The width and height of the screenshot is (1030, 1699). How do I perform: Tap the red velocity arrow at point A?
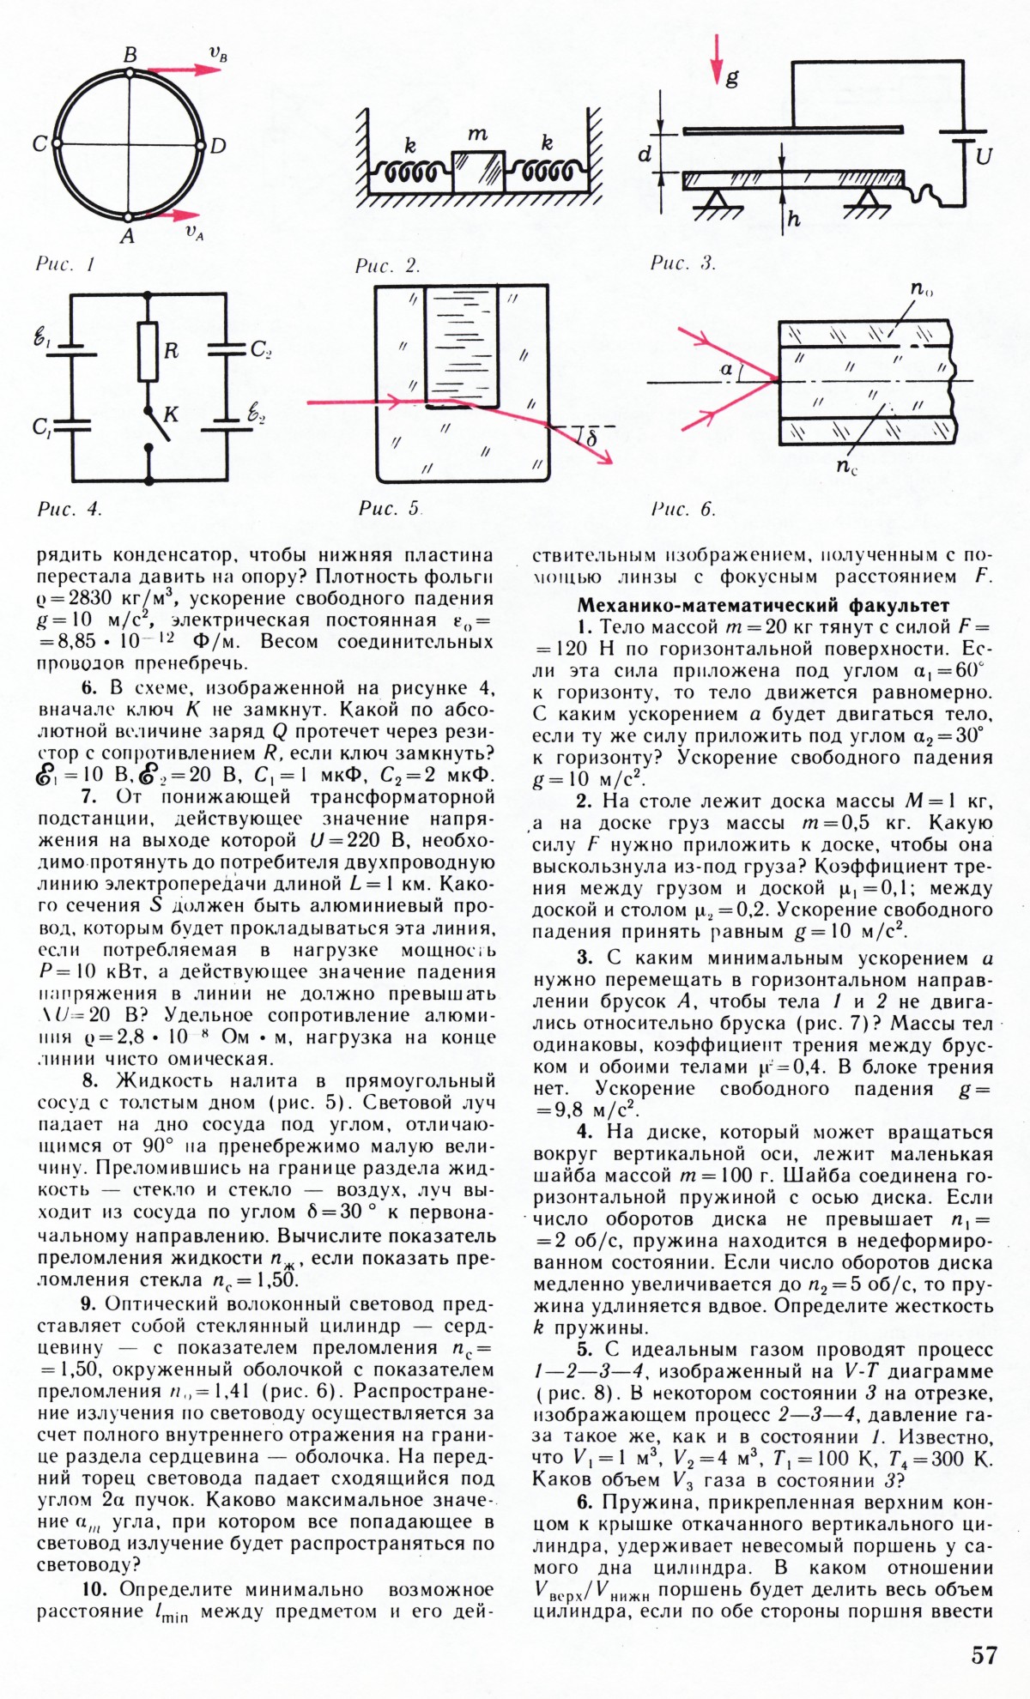pos(172,214)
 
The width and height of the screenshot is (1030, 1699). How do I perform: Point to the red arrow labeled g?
pos(718,60)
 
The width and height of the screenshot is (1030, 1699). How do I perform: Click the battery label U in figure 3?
pos(985,157)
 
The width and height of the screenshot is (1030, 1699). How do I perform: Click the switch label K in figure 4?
pos(171,414)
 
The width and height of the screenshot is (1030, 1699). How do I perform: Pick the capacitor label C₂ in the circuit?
pos(261,349)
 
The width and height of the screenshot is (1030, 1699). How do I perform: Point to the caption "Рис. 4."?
pos(70,509)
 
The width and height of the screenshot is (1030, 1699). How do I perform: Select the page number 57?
pos(985,1654)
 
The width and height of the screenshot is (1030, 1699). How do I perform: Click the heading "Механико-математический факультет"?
pos(763,605)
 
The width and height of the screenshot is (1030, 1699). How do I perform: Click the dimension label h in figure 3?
pos(793,220)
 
